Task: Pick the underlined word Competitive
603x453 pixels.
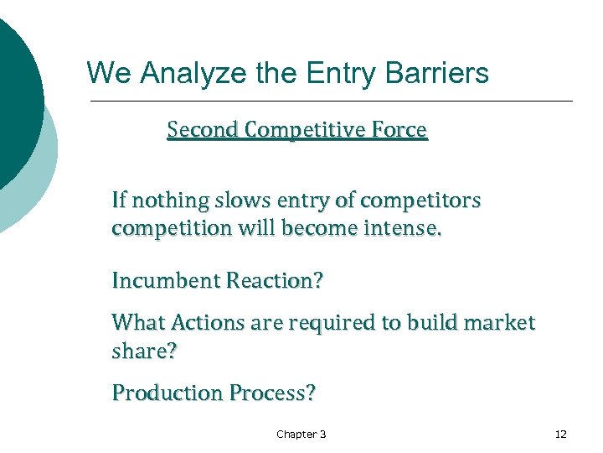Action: click(303, 130)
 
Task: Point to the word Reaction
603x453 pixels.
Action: click(271, 280)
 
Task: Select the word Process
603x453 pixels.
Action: click(271, 393)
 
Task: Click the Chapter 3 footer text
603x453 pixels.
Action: click(301, 434)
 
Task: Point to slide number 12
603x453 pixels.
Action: click(560, 434)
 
